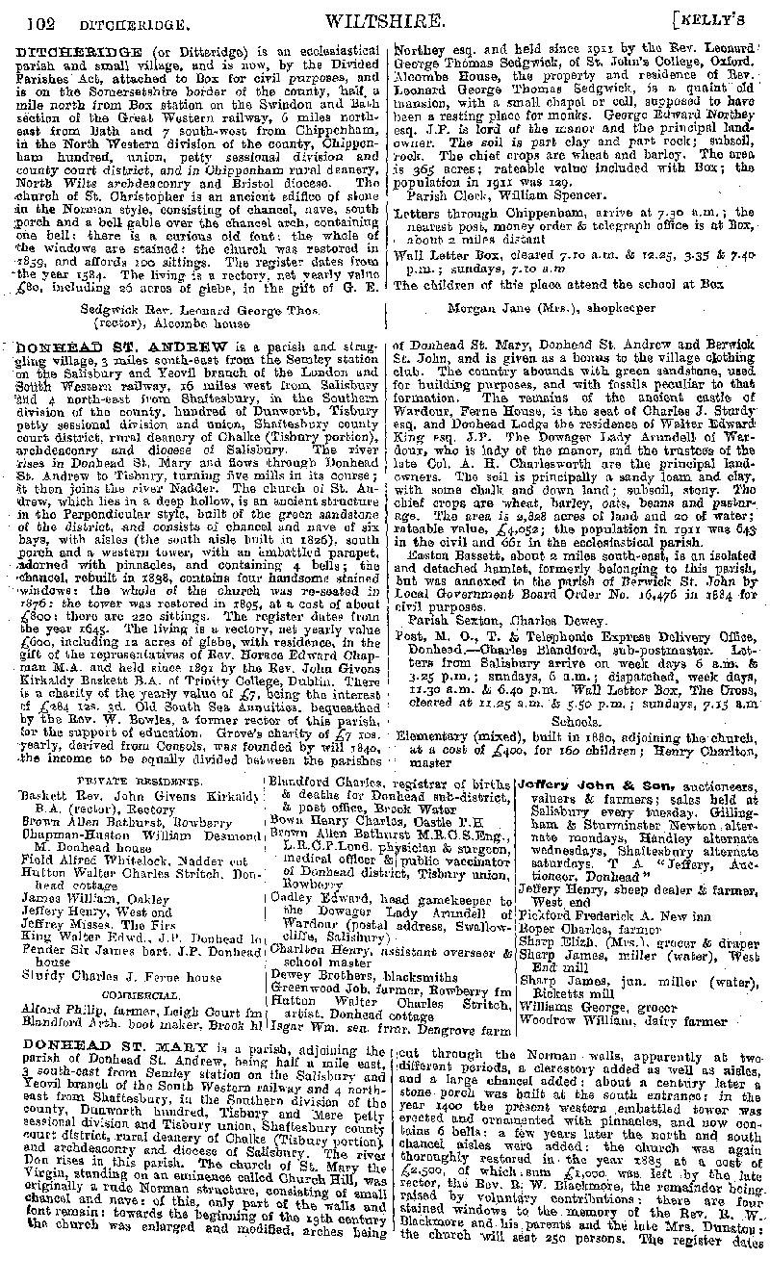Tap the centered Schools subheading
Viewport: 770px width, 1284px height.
click(574, 721)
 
